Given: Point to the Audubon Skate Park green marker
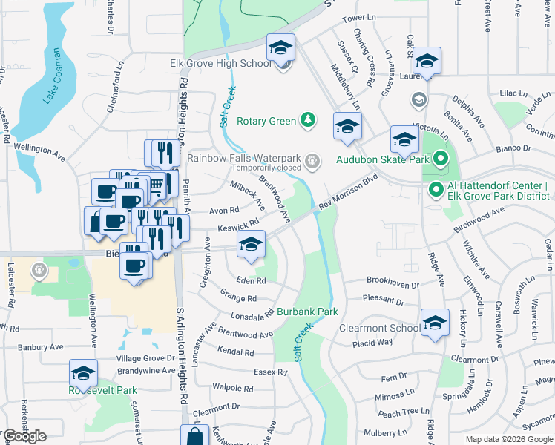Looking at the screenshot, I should tap(441, 159).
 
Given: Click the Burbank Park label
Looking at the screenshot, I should tap(308, 312).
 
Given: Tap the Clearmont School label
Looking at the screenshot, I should tap(378, 328).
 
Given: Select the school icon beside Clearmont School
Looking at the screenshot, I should tap(435, 323).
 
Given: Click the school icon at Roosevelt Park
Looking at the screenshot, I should tap(84, 373).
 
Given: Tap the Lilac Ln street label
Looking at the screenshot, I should tap(512, 94).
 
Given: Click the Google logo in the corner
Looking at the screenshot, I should tap(24, 436).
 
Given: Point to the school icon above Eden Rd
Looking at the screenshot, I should tap(252, 244).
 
